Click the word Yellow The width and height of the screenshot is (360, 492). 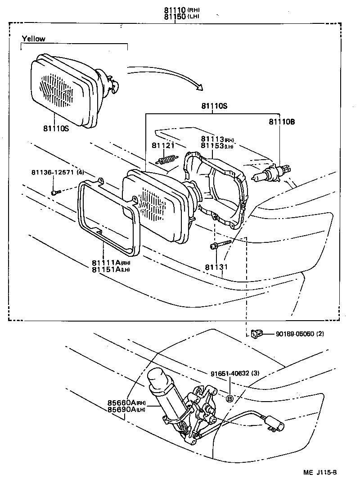pyautogui.click(x=34, y=39)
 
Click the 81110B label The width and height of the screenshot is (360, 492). pyautogui.click(x=282, y=121)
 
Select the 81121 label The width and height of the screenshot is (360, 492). pyautogui.click(x=162, y=145)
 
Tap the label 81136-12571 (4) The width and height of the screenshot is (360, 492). pyautogui.click(x=58, y=172)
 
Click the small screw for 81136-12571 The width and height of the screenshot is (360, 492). pyautogui.click(x=55, y=192)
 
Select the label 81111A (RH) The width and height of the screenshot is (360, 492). pyautogui.click(x=111, y=262)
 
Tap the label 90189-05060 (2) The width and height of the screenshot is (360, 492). pyautogui.click(x=300, y=334)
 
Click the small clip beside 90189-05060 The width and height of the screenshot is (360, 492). pyautogui.click(x=256, y=333)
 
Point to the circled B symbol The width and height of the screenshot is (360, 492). pyautogui.click(x=229, y=398)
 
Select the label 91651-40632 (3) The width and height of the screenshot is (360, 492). pyautogui.click(x=234, y=373)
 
